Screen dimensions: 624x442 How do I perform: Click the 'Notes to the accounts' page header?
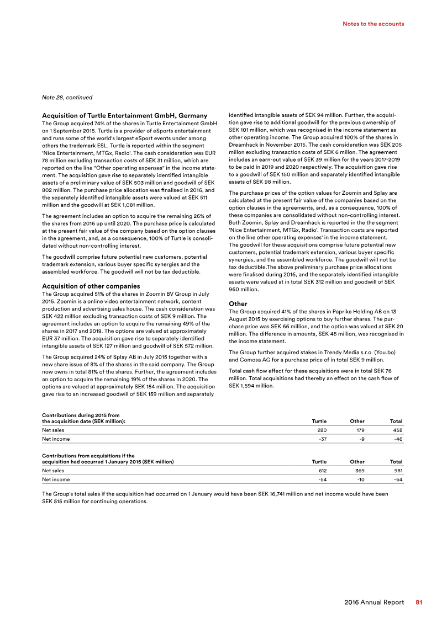(x=373, y=24)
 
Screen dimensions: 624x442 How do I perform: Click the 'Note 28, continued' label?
(x=67, y=98)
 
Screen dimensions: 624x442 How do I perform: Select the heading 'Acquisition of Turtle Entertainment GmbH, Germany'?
(x=124, y=115)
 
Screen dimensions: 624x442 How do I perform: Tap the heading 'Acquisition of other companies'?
(x=91, y=286)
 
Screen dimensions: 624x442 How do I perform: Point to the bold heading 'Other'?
(x=239, y=303)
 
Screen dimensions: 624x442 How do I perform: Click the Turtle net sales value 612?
(x=321, y=471)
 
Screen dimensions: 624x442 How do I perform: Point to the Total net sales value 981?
(x=397, y=471)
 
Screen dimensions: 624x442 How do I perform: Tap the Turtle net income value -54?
(x=322, y=481)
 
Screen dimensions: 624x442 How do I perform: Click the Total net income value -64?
(x=398, y=481)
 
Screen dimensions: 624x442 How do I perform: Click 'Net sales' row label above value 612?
(x=53, y=471)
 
